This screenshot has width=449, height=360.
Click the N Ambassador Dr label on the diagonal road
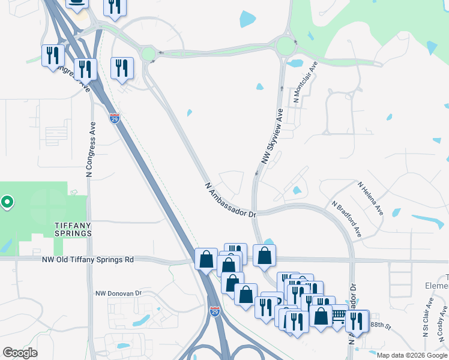point(231,200)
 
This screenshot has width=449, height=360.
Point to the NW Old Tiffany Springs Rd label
point(88,260)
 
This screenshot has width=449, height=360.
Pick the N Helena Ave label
point(370,199)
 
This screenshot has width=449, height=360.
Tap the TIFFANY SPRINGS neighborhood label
point(73,228)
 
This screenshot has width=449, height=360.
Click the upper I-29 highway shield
point(115,118)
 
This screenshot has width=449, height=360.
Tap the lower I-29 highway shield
point(215,311)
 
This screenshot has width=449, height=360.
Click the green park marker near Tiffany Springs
point(7,202)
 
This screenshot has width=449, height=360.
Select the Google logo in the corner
point(20,353)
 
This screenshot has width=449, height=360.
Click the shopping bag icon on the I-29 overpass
point(206,260)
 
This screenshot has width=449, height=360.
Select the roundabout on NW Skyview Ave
point(286,46)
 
